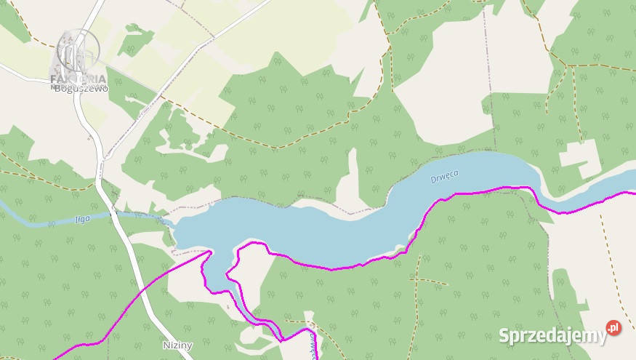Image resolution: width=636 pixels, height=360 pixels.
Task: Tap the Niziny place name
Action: pyautogui.click(x=178, y=345)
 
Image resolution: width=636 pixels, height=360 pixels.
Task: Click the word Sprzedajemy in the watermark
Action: pyautogui.click(x=552, y=335)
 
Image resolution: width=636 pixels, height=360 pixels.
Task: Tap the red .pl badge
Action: pyautogui.click(x=614, y=328)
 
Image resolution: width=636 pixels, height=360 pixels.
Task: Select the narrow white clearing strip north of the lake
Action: pyautogui.click(x=353, y=175)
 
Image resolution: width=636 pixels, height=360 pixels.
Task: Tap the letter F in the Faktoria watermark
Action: pyautogui.click(x=55, y=79)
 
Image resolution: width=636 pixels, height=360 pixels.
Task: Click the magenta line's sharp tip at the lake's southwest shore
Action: pyautogui.click(x=211, y=251)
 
